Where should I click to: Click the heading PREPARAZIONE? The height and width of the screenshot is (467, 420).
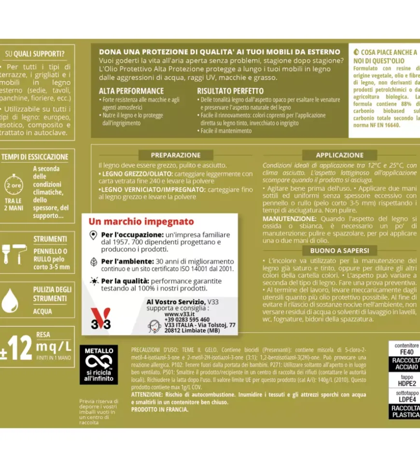(x=176, y=156)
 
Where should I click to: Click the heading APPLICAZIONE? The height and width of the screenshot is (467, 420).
(x=339, y=156)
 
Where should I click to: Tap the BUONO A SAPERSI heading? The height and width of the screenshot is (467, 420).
(x=339, y=250)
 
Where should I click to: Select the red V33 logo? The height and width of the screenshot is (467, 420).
(x=101, y=319)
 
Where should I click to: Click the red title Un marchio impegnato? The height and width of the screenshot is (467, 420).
(x=141, y=222)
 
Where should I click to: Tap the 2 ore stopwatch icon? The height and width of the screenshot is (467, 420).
(x=14, y=185)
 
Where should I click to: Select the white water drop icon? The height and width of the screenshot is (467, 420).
(x=10, y=300)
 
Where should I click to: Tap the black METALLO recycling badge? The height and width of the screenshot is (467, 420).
(x=98, y=364)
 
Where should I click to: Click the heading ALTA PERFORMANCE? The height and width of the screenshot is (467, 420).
(x=131, y=91)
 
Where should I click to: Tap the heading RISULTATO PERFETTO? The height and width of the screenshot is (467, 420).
(x=230, y=91)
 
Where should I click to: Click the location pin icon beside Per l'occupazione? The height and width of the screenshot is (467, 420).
(x=94, y=235)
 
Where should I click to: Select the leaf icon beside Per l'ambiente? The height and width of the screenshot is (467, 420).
(x=94, y=262)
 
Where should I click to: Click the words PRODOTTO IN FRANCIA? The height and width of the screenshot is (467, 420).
(x=160, y=410)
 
